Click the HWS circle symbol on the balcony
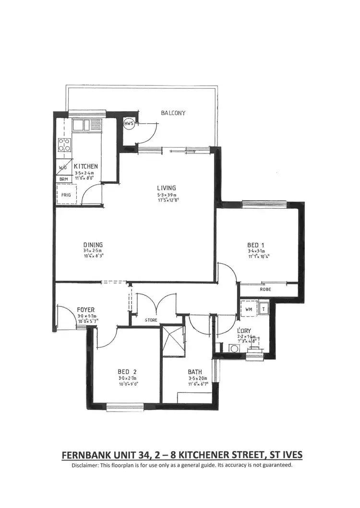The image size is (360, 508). (x=129, y=124)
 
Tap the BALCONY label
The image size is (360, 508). (x=173, y=113)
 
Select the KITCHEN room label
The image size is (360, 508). (x=86, y=166)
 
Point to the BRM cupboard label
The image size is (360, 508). (x=63, y=179)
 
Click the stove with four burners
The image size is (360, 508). (x=64, y=144)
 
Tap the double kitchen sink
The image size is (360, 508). (x=81, y=125)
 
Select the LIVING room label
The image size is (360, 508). (x=166, y=188)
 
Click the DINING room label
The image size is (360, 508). (x=93, y=244)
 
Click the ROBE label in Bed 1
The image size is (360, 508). (x=265, y=290)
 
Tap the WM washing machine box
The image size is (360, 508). (x=249, y=309)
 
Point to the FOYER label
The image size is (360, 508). (x=86, y=310)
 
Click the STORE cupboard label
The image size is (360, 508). (x=151, y=319)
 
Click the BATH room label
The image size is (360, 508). (x=195, y=371)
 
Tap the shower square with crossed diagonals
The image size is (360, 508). (x=172, y=342)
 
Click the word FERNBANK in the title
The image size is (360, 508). (x=89, y=455)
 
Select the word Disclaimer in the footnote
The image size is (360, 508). (x=86, y=465)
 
